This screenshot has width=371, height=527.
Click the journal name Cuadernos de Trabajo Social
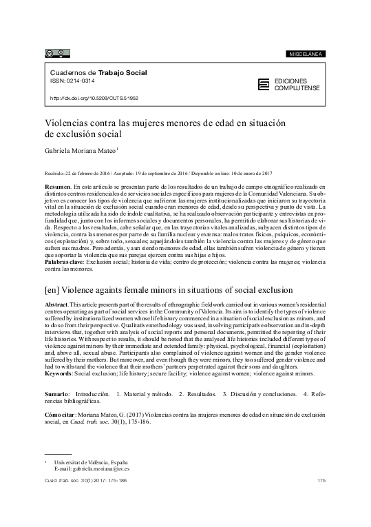click(98, 72)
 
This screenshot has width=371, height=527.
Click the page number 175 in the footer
click(321, 480)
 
